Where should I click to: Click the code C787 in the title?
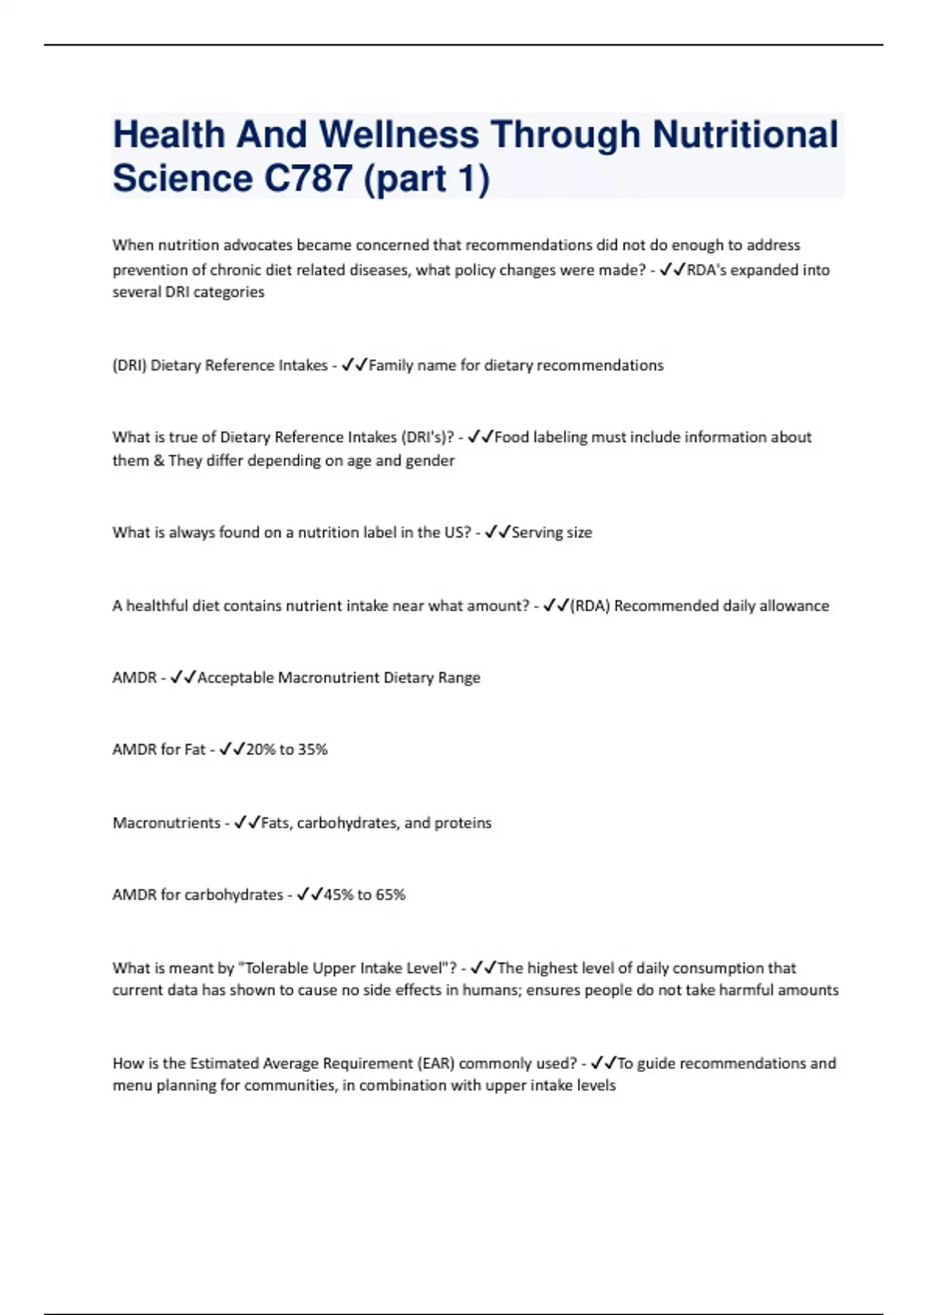309,179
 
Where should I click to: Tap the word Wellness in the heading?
398,134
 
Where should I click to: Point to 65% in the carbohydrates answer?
391,895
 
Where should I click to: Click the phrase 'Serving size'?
552,533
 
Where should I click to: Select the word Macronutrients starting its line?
166,823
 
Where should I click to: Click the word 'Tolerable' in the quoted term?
280,968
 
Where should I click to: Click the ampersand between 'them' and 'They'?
159,461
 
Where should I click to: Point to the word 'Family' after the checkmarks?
391,366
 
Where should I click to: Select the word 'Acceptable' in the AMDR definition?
236,678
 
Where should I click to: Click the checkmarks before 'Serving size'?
497,533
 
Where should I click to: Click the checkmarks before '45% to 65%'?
309,895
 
